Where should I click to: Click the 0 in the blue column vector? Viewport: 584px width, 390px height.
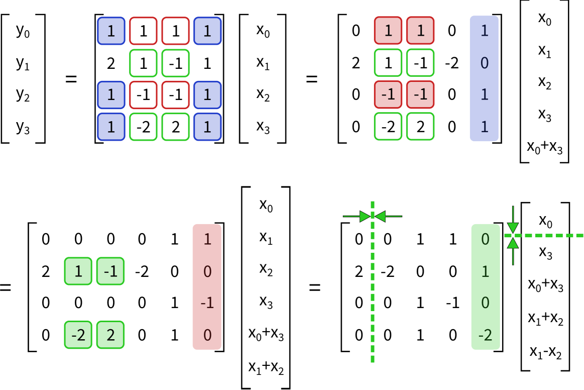pyautogui.click(x=484, y=63)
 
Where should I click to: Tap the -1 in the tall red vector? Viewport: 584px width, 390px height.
pyautogui.click(x=207, y=303)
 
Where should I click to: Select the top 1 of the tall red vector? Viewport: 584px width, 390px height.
pyautogui.click(x=207, y=239)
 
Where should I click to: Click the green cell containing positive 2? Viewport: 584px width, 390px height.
pyautogui.click(x=110, y=335)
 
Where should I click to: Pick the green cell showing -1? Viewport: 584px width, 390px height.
pyautogui.click(x=110, y=271)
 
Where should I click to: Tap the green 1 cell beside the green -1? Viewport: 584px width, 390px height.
pyautogui.click(x=78, y=271)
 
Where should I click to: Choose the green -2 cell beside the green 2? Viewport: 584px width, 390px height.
pyautogui.click(x=78, y=335)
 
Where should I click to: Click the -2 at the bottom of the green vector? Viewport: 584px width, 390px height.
pyautogui.click(x=485, y=335)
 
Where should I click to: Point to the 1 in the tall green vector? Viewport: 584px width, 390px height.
pyautogui.click(x=485, y=271)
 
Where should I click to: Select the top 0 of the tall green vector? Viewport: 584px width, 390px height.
pyautogui.click(x=485, y=239)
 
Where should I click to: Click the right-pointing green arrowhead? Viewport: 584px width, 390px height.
pyautogui.click(x=365, y=217)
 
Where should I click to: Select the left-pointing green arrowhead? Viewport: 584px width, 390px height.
pyautogui.click(x=380, y=217)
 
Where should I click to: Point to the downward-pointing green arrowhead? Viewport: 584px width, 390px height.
pyautogui.click(x=513, y=228)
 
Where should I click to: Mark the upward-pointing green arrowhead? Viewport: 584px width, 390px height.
pyautogui.click(x=513, y=243)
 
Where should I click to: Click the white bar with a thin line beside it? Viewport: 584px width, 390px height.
pyautogui.click(x=282, y=78)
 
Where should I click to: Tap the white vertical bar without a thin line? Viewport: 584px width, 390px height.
pyautogui.click(x=245, y=78)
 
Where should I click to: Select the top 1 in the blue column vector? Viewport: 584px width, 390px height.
pyautogui.click(x=484, y=31)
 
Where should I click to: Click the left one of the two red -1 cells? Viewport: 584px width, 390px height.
pyautogui.click(x=388, y=94)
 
